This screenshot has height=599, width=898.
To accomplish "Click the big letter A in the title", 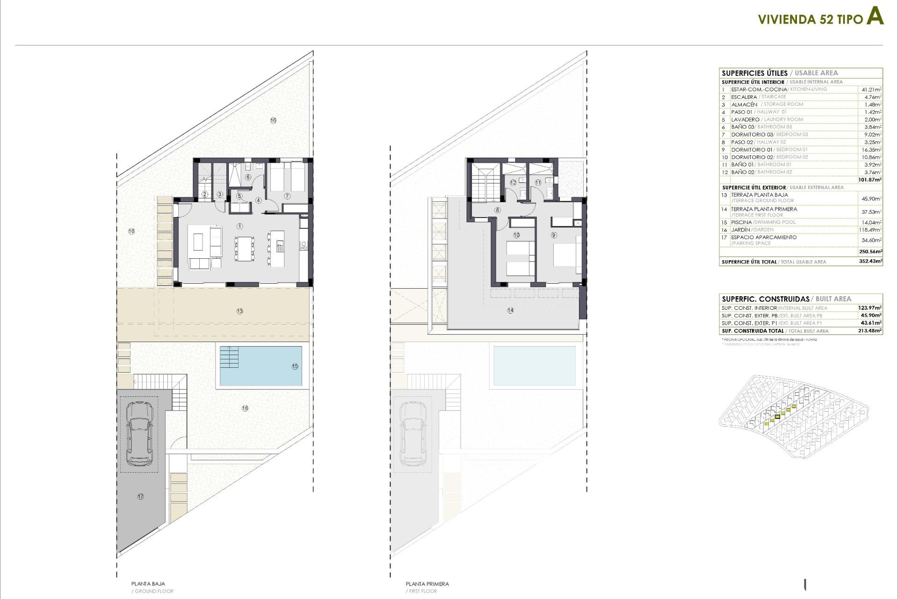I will point(875,17).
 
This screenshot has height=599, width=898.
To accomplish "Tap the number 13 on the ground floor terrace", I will point(240,311).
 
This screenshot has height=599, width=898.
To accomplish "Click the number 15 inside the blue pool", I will point(295,366).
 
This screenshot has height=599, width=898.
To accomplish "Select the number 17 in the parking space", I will point(140,497).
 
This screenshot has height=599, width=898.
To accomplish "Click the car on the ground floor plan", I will point(139,434).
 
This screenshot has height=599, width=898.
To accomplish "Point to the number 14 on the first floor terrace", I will point(510,310).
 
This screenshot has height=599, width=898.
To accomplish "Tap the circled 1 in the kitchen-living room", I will point(240,226).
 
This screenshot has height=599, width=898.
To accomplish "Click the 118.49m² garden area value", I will point(871,230).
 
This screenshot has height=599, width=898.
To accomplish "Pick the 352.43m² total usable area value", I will point(870,262).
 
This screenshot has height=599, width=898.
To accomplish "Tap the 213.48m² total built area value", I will point(870,331).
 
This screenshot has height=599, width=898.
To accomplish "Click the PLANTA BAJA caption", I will point(148,584).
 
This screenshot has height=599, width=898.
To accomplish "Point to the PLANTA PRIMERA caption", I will point(427,584).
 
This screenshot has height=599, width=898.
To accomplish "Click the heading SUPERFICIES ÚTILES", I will point(754,73).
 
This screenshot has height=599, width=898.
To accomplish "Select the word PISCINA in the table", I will point(741,222).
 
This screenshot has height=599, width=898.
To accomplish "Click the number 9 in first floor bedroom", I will point(554,235).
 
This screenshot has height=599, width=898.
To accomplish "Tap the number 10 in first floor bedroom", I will point(516,235).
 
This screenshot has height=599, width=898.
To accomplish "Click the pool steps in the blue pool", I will point(229,357).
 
